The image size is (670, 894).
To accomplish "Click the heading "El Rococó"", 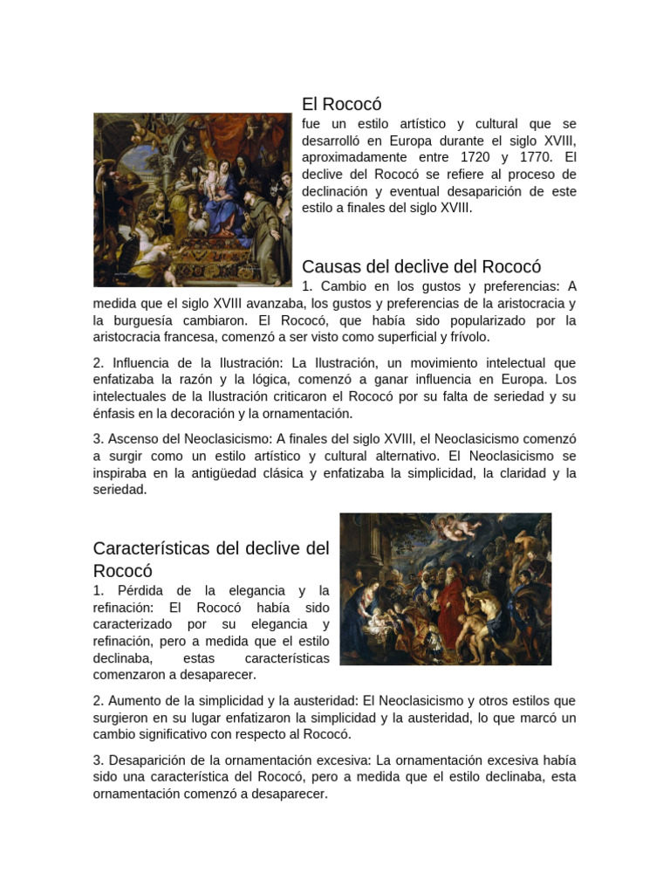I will [342, 105].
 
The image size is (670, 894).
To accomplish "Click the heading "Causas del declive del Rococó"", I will [421, 267].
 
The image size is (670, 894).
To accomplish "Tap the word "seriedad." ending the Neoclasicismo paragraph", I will [120, 490].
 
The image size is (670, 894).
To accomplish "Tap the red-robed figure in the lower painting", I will [451, 602].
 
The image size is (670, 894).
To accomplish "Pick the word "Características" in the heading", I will [152, 548].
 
